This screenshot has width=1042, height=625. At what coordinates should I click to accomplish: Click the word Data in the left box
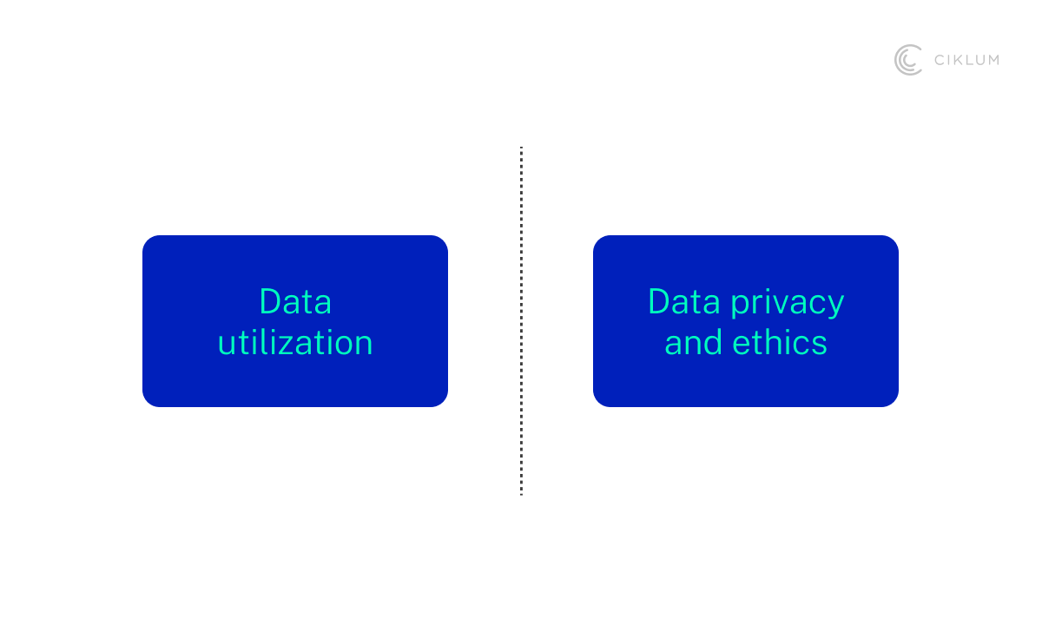295,302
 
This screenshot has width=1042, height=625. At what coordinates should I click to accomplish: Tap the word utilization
295,343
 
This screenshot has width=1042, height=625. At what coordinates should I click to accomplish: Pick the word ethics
780,343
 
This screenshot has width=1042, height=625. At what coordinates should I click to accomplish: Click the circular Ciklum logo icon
908,60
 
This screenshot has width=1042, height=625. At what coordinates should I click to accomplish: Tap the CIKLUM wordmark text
966,60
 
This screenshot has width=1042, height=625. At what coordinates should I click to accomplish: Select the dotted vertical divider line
521,321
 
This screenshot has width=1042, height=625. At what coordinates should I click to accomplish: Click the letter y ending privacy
834,306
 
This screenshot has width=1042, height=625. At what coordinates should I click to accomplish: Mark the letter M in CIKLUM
992,60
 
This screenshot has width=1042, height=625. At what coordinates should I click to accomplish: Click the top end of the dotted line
521,148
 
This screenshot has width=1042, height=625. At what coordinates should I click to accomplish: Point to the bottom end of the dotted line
521,492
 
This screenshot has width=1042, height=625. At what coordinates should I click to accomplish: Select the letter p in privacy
740,306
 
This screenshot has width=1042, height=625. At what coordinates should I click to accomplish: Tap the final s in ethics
820,345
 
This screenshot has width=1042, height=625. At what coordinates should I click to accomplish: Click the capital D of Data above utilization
269,302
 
